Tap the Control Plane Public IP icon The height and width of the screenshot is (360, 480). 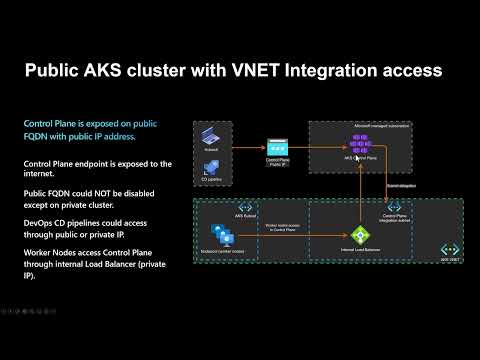[279, 146]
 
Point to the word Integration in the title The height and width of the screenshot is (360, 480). [331, 71]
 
